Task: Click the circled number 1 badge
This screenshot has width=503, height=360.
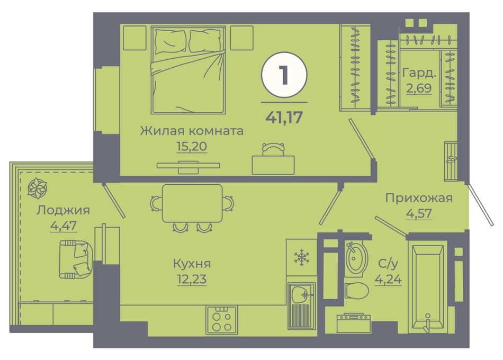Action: (x=284, y=75)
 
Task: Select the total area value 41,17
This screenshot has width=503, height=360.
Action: (x=284, y=118)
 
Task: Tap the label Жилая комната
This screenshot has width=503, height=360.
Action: (x=192, y=131)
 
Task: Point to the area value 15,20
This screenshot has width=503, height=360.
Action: (x=192, y=146)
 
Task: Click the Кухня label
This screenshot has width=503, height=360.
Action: (x=192, y=264)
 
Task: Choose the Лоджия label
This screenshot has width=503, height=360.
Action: (x=63, y=210)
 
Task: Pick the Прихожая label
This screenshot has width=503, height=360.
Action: (x=419, y=198)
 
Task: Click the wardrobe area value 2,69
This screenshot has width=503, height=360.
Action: (x=419, y=87)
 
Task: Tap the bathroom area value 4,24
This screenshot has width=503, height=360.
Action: (x=388, y=279)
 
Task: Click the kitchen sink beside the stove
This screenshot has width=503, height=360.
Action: (x=302, y=305)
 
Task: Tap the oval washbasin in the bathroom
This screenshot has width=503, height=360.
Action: (x=356, y=258)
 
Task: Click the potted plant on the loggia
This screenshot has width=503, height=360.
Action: (x=37, y=188)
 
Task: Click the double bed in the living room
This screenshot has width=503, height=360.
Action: (x=188, y=70)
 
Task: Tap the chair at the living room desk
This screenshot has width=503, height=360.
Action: (x=273, y=149)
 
